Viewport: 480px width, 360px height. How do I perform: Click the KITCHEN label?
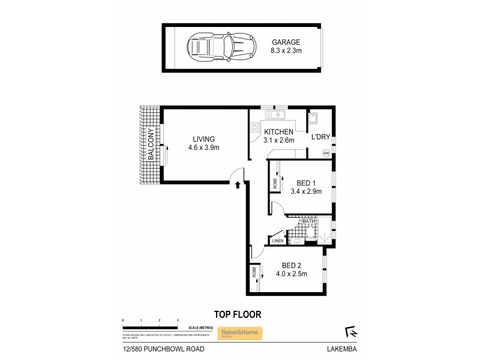278,132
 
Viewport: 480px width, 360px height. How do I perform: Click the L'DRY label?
319,137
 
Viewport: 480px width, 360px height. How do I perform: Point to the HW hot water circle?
326,154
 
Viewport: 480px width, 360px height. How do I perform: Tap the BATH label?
308,221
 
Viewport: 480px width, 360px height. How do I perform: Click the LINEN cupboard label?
277,241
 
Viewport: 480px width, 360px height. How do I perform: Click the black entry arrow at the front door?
238,185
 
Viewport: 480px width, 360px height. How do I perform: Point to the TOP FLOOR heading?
237,314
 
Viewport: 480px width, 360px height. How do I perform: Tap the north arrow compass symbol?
351,331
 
